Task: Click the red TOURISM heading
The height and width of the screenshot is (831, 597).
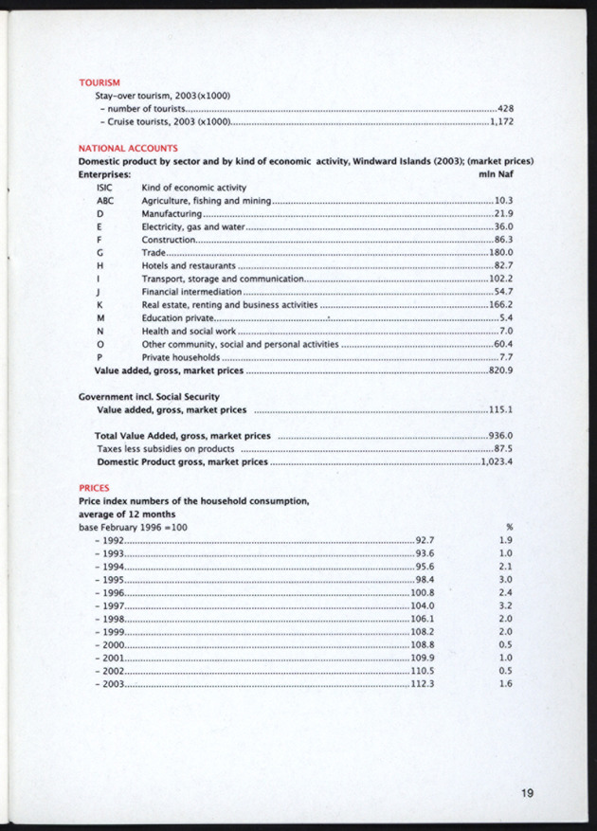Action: [x=99, y=82]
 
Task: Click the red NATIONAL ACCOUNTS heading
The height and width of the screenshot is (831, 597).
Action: [x=127, y=149]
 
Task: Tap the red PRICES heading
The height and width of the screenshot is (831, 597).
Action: [x=94, y=488]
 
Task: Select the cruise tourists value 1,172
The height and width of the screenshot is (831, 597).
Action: [x=501, y=122]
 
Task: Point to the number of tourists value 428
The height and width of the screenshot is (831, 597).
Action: [x=505, y=110]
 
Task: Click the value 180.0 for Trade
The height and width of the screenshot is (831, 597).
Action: [x=500, y=253]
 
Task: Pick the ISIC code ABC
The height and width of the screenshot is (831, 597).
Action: [x=105, y=201]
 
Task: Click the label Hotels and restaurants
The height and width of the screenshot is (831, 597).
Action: [x=188, y=266]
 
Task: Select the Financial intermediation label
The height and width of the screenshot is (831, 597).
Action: [x=191, y=293]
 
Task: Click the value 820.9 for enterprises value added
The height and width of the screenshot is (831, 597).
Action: [x=500, y=370]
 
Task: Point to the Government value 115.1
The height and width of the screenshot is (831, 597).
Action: [x=500, y=409]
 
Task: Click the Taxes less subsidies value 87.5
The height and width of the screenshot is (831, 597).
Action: [x=503, y=448]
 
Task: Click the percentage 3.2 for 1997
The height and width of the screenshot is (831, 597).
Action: [x=505, y=605]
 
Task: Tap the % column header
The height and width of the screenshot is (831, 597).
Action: [x=510, y=526]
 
